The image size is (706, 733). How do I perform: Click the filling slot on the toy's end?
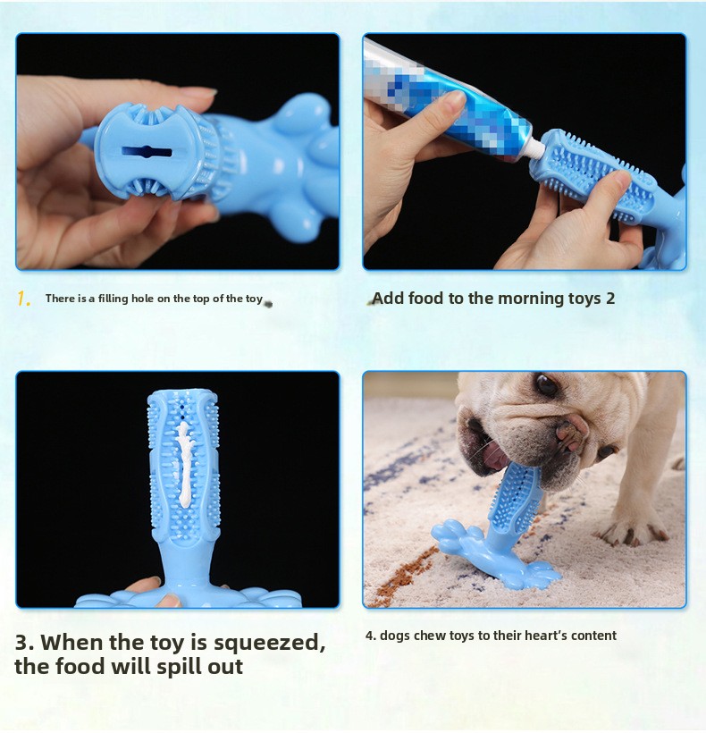click(x=147, y=152)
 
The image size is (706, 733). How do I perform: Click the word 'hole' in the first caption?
click(x=142, y=299)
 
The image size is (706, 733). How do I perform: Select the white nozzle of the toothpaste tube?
click(x=534, y=150)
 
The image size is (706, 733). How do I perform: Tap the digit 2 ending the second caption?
click(x=609, y=299)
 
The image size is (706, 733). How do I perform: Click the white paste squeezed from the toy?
click(x=184, y=465)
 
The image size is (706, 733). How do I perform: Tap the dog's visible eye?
click(x=546, y=385)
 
